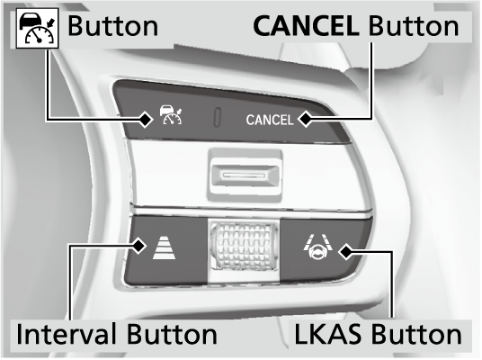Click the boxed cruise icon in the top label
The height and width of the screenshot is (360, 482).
pos(37,28)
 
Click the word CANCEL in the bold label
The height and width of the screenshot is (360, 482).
pos(306,26)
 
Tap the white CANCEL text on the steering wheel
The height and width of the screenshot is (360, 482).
pos(270,120)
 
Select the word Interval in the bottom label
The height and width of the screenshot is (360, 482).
pos(67,334)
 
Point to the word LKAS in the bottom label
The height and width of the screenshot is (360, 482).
pos(328,334)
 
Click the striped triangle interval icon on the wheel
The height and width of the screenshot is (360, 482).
pos(165,247)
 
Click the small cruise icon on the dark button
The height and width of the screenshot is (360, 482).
pos(171,115)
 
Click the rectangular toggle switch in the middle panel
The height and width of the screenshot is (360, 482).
pos(245,175)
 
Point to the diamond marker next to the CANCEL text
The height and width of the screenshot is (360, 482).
pos(306,119)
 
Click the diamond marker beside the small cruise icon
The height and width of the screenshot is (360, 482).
pos(145,119)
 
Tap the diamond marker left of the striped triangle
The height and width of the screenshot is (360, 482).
pos(138,245)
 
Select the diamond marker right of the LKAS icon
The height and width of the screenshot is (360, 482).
pos(346,252)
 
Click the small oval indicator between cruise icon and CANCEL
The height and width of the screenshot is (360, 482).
pos(217,117)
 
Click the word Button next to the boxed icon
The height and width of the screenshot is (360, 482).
pos(112,26)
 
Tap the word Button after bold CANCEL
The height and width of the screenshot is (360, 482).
pos(414,26)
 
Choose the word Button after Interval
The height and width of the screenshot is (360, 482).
pos(172,334)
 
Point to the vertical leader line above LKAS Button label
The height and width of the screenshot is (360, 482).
pos(392,285)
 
